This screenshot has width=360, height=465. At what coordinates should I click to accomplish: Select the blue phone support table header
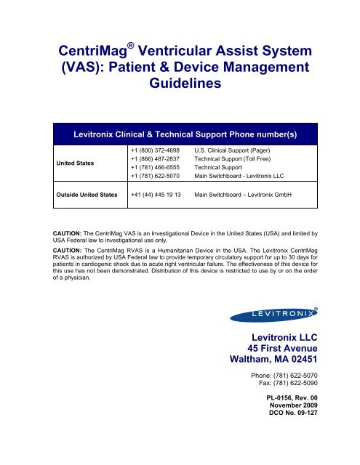pos(180,134)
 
